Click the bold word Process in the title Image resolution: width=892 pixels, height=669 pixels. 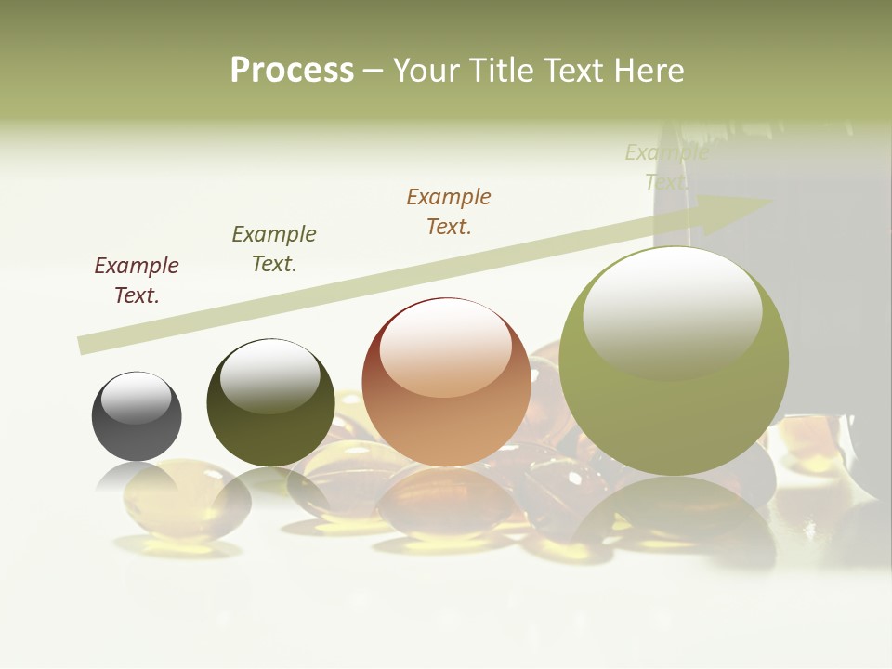tap(292, 71)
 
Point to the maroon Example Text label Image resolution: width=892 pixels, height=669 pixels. tap(137, 281)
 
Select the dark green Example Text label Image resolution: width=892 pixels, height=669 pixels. tap(274, 249)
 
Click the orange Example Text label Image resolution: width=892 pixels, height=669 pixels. tap(449, 212)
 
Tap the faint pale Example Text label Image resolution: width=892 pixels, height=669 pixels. tap(666, 166)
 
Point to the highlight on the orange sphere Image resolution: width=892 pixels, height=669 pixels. tap(446, 348)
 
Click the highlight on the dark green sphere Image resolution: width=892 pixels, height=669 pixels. tap(269, 376)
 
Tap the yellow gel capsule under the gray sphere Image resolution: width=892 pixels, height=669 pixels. tap(186, 497)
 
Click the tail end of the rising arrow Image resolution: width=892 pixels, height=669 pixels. tap(85, 345)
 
